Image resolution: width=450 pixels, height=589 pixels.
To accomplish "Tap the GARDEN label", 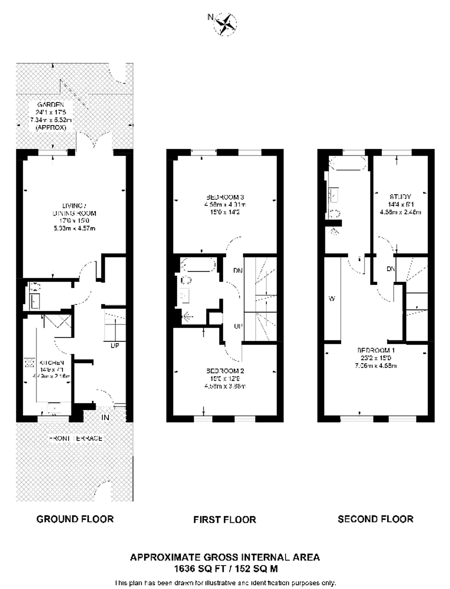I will click(x=51, y=105).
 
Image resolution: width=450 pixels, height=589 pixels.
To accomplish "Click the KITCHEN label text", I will click(x=52, y=363).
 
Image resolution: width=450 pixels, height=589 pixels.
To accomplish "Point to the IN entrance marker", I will click(x=105, y=417).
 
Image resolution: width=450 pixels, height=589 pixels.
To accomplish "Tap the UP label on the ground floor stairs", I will click(x=115, y=345).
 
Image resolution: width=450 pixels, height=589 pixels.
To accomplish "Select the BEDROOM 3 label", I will click(x=225, y=197).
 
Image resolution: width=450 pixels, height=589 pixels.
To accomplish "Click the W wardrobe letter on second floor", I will click(x=332, y=299).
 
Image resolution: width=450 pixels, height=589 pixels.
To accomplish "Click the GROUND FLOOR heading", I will click(x=75, y=519).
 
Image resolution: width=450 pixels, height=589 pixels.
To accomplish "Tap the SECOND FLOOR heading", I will click(x=375, y=519).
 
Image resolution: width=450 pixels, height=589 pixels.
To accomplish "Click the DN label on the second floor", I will click(x=391, y=269).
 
